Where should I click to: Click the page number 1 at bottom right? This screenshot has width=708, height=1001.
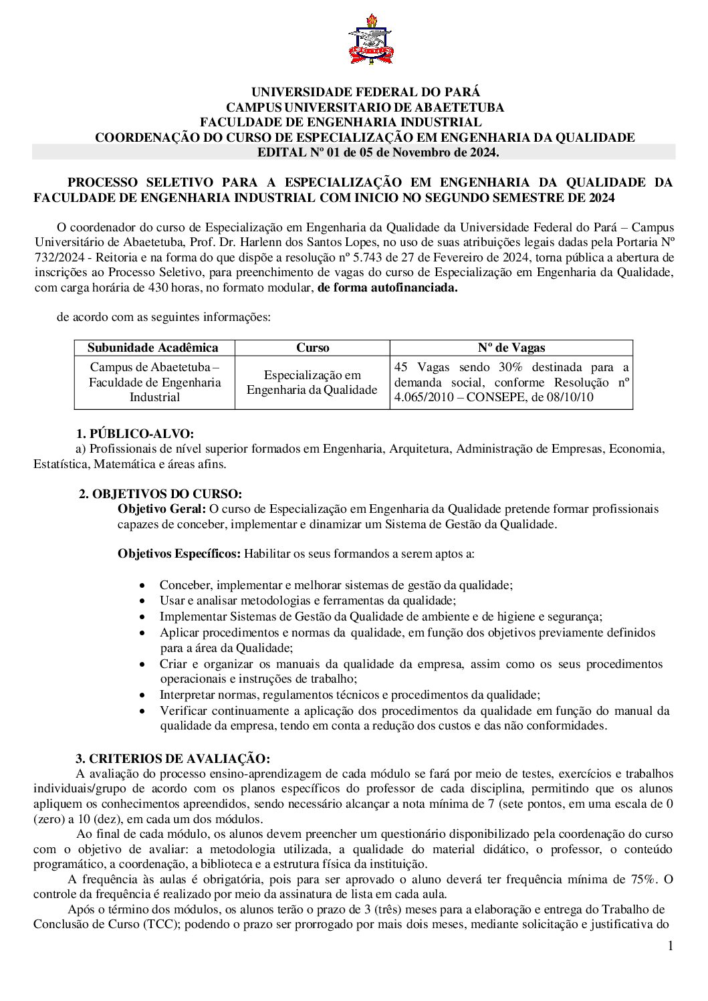coord(671,946)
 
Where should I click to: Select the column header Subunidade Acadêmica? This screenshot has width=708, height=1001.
coord(153,348)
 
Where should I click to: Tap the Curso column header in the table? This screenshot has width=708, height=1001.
coord(312,348)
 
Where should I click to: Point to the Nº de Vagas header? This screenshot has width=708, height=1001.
coord(511,348)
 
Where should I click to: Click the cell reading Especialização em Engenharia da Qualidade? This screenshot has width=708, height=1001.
coord(312,382)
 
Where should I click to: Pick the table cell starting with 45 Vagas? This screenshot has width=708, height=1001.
coord(511,382)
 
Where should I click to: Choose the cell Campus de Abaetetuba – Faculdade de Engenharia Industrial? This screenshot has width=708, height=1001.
coord(154,382)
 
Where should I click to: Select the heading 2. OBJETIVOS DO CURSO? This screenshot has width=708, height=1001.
coord(160,494)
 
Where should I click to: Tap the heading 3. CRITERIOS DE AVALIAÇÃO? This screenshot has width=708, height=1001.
coord(172,758)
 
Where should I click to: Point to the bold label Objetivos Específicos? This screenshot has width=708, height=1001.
coord(179,554)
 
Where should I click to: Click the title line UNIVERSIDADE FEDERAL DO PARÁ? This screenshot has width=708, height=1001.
coord(365,92)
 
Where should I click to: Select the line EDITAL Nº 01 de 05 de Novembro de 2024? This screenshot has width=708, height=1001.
coord(378,152)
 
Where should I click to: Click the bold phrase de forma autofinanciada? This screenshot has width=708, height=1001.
coord(388,288)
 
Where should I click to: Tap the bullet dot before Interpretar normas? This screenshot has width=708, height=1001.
coord(142,695)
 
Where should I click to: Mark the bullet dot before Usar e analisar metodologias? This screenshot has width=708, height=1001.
coord(142,601)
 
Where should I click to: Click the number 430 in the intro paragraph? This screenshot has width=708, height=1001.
coord(171,288)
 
